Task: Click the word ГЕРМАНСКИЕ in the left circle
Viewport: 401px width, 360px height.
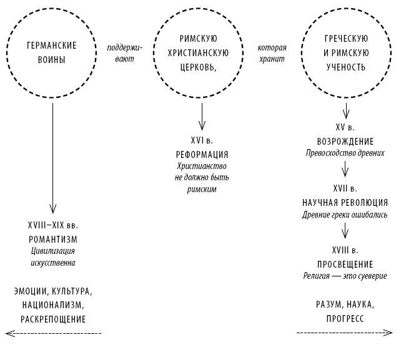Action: [52, 46]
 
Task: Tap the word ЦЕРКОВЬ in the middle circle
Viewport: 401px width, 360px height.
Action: [198, 67]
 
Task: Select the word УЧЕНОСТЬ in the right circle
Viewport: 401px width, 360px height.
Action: [346, 67]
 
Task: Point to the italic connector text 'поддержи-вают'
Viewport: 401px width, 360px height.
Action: [124, 53]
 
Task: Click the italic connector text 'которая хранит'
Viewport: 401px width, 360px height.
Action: [272, 53]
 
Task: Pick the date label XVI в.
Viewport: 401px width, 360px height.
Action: [202, 140]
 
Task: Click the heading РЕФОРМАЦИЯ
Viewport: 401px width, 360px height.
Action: [202, 154]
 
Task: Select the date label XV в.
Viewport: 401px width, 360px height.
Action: [345, 127]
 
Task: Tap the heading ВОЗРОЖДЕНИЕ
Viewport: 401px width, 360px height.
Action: [345, 141]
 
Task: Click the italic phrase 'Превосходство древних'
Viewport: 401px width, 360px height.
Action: [345, 153]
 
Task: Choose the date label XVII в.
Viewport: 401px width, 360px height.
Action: [345, 188]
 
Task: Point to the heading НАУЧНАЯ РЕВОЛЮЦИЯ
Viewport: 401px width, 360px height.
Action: [345, 203]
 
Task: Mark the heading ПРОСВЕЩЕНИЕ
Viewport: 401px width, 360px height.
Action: [345, 264]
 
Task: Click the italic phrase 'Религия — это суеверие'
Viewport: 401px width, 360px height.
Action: [345, 276]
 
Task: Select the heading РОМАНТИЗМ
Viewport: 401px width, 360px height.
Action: [53, 240]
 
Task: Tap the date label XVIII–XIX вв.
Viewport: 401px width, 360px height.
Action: [53, 225]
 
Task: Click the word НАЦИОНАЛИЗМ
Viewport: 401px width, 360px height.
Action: [53, 305]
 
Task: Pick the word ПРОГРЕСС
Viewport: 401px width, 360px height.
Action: [345, 319]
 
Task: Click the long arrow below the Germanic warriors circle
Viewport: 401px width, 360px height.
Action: [52, 158]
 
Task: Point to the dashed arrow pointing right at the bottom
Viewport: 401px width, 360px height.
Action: [345, 333]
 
